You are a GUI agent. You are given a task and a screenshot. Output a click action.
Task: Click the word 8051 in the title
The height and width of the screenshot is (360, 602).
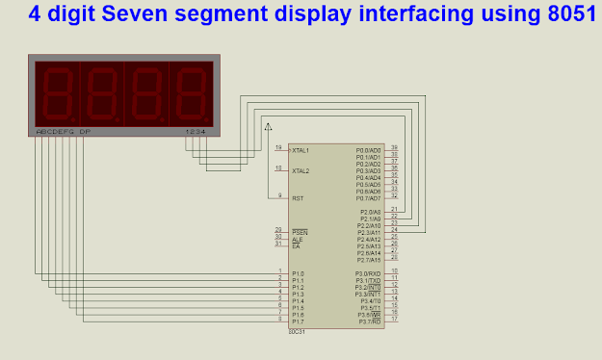tap(563, 14)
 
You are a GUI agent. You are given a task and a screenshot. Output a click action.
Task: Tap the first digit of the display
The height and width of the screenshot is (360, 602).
tap(57, 92)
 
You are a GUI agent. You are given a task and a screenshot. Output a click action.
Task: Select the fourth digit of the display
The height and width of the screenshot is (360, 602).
tap(191, 92)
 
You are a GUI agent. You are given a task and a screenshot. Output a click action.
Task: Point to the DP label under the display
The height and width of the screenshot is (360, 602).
tap(85, 131)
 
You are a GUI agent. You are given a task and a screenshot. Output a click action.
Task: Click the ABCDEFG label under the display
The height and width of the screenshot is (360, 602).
tap(55, 131)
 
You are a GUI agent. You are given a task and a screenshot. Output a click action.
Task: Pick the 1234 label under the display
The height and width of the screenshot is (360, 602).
tap(196, 131)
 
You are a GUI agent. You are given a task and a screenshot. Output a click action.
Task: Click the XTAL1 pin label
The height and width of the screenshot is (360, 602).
tap(301, 150)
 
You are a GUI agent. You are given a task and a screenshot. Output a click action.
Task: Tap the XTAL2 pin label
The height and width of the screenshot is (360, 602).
tap(301, 170)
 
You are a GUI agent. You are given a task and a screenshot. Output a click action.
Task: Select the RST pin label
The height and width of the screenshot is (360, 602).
tap(298, 197)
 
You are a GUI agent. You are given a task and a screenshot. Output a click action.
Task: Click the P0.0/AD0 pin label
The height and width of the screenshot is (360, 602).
tap(369, 150)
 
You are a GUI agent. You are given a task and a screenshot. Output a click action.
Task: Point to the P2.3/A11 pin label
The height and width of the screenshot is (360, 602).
tap(370, 232)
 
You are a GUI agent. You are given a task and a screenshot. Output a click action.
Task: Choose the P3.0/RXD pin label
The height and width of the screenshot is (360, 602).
tap(369, 273)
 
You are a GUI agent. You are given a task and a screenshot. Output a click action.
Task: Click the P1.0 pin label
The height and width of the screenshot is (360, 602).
tap(298, 273)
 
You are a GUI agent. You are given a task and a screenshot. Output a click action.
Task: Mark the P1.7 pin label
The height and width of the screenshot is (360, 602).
tap(298, 321)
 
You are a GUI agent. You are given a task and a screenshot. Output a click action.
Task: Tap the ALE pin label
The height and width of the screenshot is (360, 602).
tap(297, 239)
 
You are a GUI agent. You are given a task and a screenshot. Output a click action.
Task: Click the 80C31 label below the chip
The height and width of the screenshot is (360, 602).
tap(298, 332)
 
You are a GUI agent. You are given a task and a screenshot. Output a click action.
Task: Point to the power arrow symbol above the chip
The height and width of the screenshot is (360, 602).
tap(268, 125)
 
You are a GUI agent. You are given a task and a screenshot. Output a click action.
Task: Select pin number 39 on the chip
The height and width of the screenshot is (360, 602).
tap(394, 147)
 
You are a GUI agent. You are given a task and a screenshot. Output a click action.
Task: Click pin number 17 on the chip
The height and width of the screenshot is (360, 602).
tap(394, 319)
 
